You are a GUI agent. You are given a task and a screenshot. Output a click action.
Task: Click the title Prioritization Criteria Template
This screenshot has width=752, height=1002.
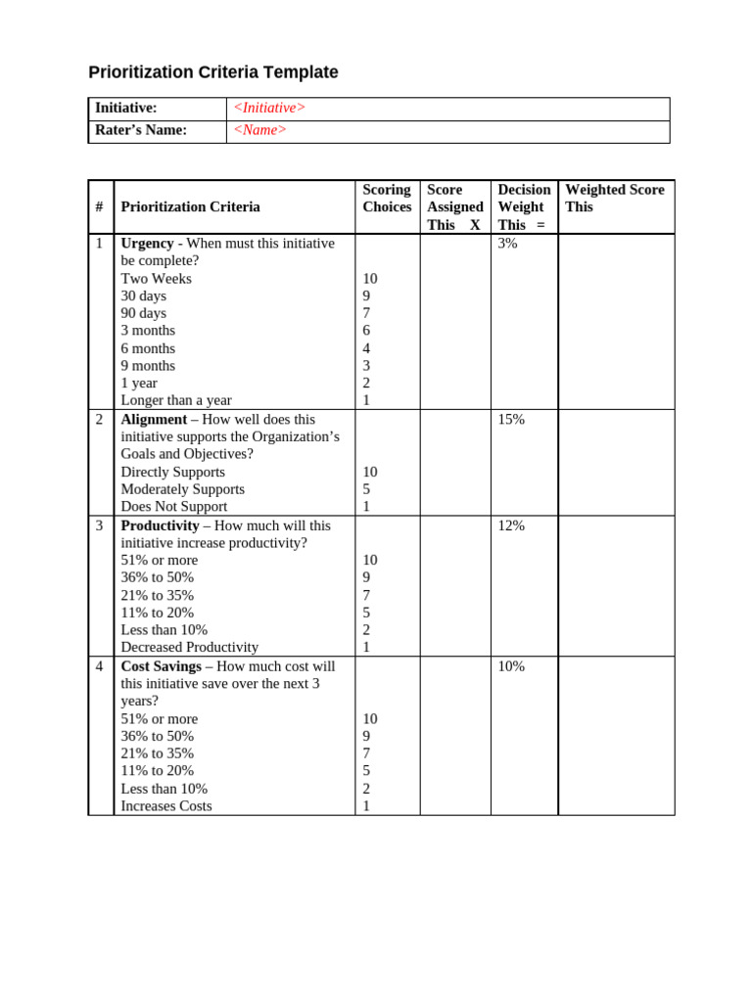click(213, 72)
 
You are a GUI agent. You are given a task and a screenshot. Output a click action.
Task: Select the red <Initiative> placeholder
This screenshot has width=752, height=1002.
click(269, 108)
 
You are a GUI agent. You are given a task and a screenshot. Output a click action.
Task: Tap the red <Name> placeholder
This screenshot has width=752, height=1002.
click(259, 130)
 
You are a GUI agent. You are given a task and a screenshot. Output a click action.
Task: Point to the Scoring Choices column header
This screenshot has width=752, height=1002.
click(387, 198)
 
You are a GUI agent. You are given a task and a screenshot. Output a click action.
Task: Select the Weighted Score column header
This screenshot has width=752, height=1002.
click(614, 198)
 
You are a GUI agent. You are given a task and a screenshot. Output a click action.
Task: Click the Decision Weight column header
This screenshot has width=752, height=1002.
click(524, 206)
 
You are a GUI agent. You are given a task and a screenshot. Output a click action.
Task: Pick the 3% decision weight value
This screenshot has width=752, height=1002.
click(507, 244)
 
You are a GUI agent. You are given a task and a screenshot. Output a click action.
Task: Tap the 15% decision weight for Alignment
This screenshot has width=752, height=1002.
click(511, 419)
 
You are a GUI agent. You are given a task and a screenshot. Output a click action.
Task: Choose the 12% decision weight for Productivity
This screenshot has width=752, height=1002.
click(511, 525)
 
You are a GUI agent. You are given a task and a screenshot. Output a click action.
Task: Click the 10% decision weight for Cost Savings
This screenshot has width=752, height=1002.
click(511, 666)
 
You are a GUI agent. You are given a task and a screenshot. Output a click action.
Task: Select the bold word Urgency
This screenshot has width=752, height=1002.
click(147, 244)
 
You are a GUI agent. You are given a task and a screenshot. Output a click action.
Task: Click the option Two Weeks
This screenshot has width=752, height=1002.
click(156, 279)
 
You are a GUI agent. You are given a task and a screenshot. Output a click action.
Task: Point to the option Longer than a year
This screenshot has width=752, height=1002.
click(176, 400)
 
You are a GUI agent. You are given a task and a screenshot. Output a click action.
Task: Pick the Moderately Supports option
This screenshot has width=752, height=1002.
click(182, 489)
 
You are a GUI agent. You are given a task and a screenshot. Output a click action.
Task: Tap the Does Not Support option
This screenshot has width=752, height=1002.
click(173, 507)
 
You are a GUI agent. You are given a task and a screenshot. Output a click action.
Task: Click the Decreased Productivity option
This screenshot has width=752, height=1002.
click(189, 648)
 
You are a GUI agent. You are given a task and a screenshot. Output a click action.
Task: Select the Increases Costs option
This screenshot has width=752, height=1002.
click(165, 806)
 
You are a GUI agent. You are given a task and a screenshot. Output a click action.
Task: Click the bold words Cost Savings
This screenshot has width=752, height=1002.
click(161, 666)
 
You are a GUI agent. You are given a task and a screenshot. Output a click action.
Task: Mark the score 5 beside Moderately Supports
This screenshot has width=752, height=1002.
click(366, 489)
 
